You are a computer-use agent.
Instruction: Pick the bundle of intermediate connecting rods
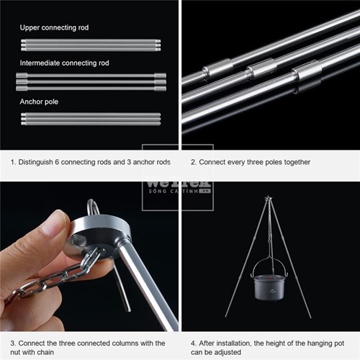click(90, 81)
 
